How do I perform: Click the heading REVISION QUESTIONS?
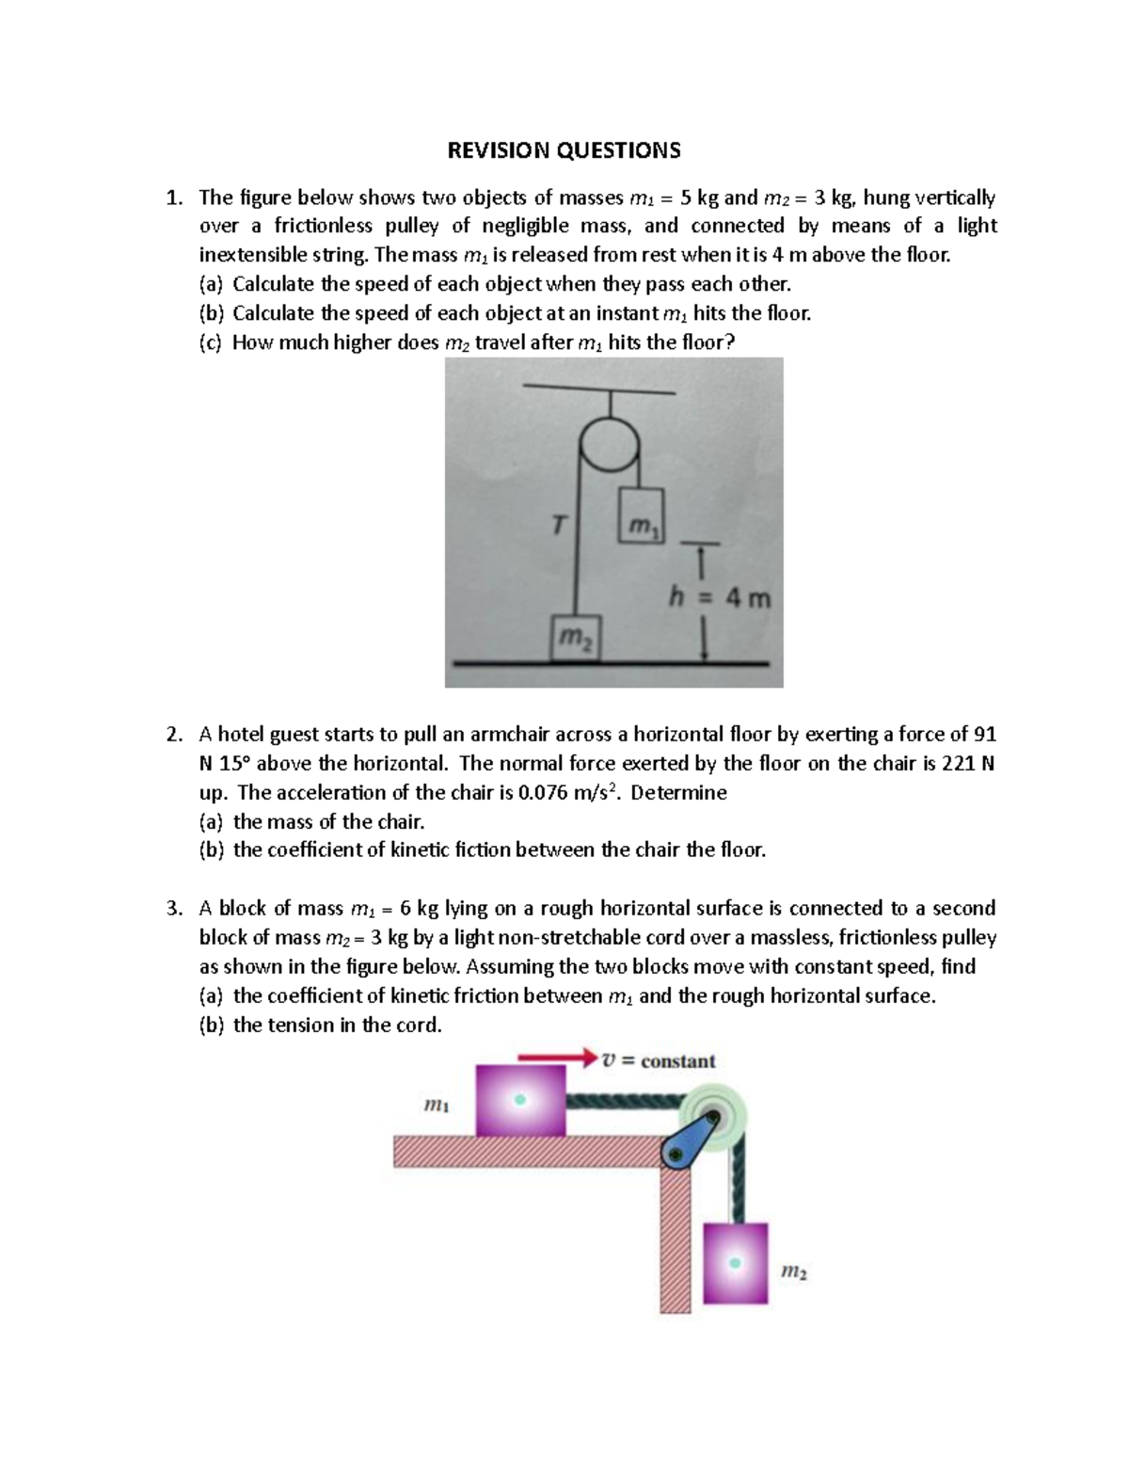(564, 151)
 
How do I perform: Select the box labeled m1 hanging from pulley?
(641, 516)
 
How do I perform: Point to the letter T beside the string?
(559, 525)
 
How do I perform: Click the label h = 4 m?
(719, 597)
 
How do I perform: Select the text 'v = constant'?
(659, 1061)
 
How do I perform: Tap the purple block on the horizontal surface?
(519, 1100)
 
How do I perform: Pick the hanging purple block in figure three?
(735, 1262)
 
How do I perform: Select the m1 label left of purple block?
(437, 1106)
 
